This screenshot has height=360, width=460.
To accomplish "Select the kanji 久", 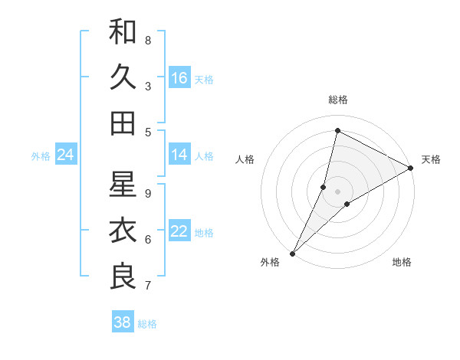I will (123, 77).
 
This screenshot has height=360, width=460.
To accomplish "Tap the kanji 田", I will (123, 123).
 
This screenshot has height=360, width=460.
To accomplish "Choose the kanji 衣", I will (123, 231).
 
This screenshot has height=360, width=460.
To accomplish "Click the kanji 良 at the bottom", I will (123, 277).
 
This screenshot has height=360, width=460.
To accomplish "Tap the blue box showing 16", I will (179, 77).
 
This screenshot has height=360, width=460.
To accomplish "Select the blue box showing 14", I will (179, 155).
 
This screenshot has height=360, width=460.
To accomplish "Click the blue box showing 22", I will (179, 231).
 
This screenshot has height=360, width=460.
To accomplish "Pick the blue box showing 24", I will (65, 155).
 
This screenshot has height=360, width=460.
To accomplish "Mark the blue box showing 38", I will (122, 322).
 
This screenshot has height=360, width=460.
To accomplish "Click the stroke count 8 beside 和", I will (148, 40).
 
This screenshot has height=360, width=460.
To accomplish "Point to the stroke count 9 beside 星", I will (148, 193).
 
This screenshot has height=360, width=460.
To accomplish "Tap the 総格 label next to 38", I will (148, 324).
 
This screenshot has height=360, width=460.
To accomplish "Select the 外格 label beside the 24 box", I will (41, 156).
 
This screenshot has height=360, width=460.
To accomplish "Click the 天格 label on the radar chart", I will (431, 159).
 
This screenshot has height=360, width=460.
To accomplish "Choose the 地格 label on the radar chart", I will (402, 262).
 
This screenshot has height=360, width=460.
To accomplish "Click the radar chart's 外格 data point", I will (292, 254).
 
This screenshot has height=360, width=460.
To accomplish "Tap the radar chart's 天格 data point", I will (411, 168).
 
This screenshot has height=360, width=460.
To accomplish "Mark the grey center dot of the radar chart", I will (337, 191).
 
